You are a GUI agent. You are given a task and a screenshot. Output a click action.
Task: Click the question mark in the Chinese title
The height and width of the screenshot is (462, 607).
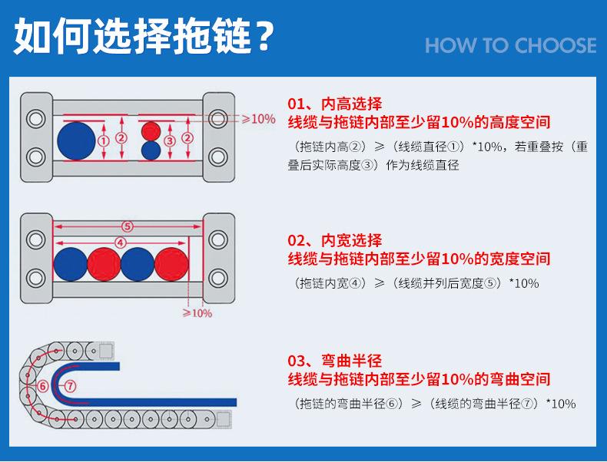click(x=263, y=38)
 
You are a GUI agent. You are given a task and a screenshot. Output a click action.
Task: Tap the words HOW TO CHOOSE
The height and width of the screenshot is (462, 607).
click(x=510, y=45)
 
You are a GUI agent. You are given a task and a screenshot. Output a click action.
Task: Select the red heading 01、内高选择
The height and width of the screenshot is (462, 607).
click(x=334, y=104)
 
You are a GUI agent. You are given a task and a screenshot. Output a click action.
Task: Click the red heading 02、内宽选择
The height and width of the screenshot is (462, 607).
click(x=334, y=240)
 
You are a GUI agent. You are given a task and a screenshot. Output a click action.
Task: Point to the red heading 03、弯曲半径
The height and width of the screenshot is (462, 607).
click(x=334, y=361)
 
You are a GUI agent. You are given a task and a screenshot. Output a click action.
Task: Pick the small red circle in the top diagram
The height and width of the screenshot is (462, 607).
click(x=151, y=130)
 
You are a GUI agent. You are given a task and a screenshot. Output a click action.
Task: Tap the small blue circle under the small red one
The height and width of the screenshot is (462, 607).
click(x=151, y=150)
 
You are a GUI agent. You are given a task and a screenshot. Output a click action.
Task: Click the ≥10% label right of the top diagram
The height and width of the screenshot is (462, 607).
click(x=258, y=119)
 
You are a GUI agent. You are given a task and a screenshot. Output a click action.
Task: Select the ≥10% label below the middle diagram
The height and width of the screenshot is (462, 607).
click(x=197, y=313)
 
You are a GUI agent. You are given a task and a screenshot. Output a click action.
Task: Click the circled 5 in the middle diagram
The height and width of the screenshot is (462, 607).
click(x=128, y=226)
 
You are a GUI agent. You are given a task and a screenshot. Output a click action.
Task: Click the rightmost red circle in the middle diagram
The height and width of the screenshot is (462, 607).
click(x=171, y=264)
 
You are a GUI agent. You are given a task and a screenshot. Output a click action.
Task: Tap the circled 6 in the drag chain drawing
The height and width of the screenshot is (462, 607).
click(x=43, y=385)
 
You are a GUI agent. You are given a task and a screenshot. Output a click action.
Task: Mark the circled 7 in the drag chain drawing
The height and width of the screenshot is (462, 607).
click(x=69, y=385)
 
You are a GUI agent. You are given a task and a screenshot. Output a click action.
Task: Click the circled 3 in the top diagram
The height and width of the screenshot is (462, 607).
click(x=171, y=140)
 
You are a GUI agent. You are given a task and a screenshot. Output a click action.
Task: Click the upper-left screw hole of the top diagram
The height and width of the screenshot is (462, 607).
click(x=34, y=119)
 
